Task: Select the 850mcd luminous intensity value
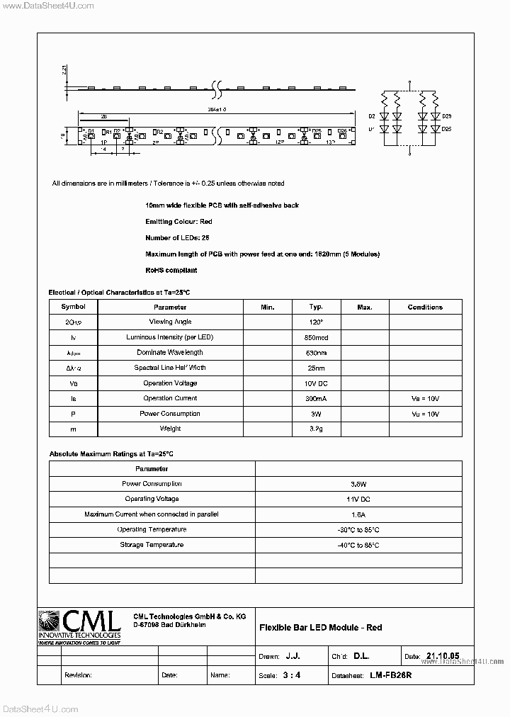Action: click(316, 337)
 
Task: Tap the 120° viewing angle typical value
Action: click(316, 322)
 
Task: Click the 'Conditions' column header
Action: click(425, 307)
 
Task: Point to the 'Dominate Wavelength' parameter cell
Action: click(170, 352)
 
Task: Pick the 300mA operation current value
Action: click(316, 399)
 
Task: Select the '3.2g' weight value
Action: click(316, 429)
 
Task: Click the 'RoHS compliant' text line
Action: click(171, 270)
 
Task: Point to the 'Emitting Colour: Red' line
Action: click(178, 222)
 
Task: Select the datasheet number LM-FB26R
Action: click(390, 675)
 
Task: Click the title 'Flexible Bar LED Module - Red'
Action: click(321, 628)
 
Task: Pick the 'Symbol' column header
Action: click(73, 307)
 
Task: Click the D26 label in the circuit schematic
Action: click(446, 115)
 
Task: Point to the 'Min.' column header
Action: click(267, 307)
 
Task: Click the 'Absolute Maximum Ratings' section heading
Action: click(111, 453)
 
